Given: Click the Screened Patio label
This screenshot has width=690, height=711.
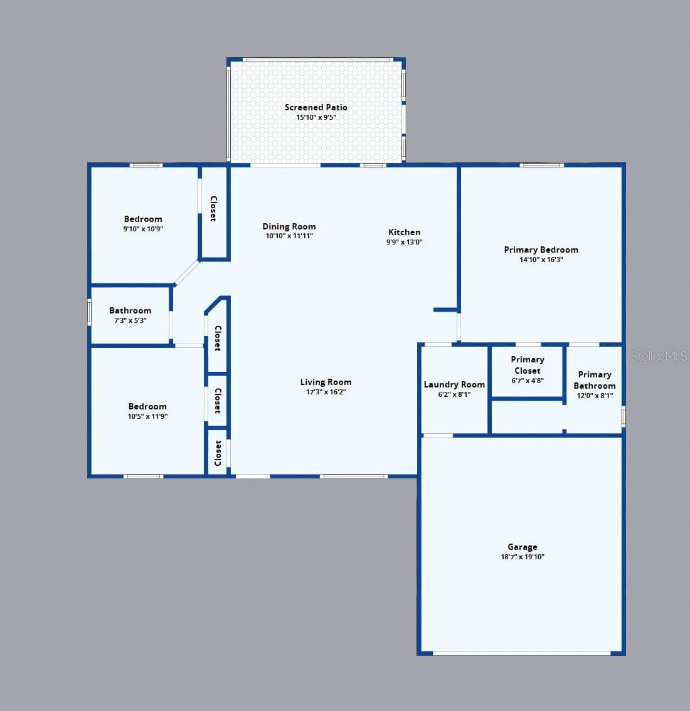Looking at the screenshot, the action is click(316, 107).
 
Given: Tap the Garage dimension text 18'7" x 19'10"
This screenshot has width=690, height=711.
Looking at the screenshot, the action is click(522, 557).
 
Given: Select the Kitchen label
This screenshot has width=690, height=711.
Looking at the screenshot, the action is click(404, 232).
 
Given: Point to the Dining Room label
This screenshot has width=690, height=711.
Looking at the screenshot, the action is click(289, 227).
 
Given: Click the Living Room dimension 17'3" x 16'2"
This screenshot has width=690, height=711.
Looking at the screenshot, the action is click(326, 392).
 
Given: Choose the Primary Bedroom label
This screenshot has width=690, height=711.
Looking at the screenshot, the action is click(541, 250).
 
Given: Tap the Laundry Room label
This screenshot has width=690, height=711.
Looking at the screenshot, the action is click(454, 384).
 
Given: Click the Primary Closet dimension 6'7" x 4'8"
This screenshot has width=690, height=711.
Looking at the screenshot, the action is click(527, 381).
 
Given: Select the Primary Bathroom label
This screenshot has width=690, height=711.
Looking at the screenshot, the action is click(594, 380).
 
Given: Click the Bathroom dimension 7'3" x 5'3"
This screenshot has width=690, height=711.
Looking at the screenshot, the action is click(130, 320).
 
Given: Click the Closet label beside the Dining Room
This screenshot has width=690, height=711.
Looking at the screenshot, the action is click(213, 209).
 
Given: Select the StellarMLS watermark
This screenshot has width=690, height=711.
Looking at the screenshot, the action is click(659, 356).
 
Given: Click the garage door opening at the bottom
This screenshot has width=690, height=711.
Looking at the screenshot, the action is click(522, 653).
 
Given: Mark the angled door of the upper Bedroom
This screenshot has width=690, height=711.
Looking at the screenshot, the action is click(186, 273).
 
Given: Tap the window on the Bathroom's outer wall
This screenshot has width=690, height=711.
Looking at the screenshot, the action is click(89, 312).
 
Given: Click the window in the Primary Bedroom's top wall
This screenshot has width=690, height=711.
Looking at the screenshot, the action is click(542, 165).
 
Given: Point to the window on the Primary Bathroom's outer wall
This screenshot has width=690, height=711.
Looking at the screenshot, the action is click(624, 416).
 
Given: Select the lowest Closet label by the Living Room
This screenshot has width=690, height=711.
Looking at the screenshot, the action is click(218, 453).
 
